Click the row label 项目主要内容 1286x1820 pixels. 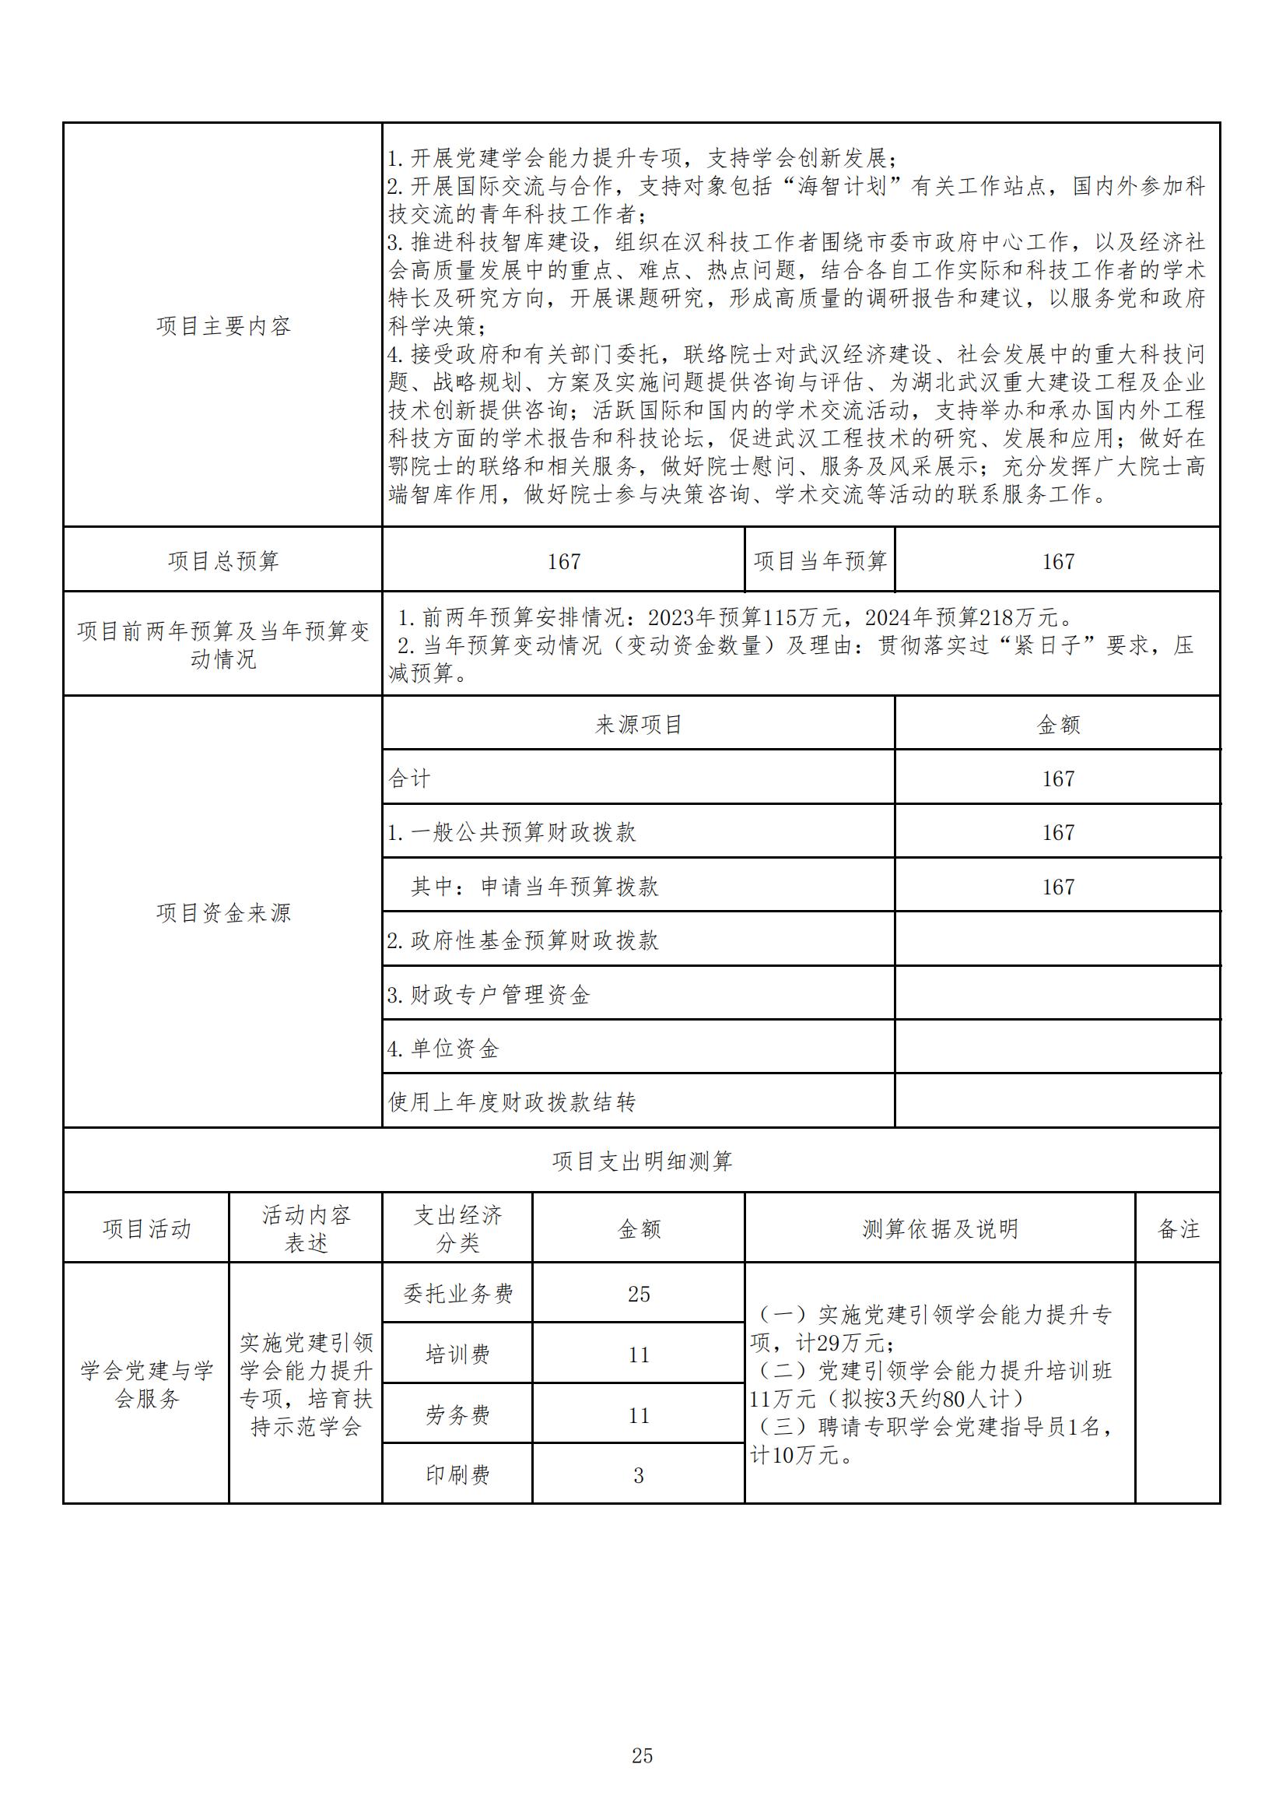(x=223, y=326)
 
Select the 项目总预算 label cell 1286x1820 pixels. (x=223, y=561)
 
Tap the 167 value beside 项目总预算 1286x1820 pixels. (x=563, y=562)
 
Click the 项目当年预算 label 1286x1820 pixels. (x=820, y=561)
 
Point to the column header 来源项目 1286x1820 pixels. (x=639, y=725)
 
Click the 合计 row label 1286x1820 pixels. (x=410, y=778)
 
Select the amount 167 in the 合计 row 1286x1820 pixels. (x=1058, y=779)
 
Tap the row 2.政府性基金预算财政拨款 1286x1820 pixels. (x=523, y=941)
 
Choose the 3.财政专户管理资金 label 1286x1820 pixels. (x=489, y=995)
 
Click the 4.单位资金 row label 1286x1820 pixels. (x=443, y=1049)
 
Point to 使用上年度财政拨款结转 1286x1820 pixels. (x=512, y=1101)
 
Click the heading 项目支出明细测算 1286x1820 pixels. (x=642, y=1162)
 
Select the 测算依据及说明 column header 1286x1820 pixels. (x=940, y=1229)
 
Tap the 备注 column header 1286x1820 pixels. (x=1178, y=1229)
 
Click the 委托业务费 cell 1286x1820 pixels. (x=458, y=1295)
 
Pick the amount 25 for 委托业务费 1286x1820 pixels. (x=639, y=1295)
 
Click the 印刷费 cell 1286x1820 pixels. (x=458, y=1475)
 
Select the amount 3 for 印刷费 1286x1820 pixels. (x=639, y=1476)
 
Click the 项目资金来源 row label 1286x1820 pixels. (x=223, y=913)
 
